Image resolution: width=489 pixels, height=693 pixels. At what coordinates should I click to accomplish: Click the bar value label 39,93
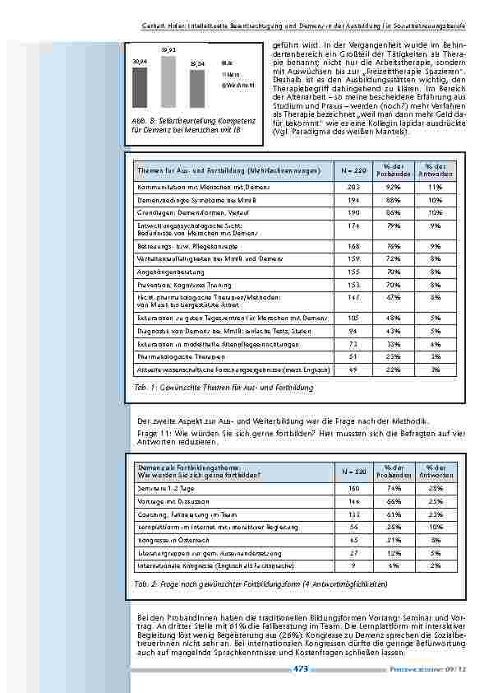(x=168, y=51)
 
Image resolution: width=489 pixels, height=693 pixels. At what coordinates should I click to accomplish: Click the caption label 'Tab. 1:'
(x=144, y=387)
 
